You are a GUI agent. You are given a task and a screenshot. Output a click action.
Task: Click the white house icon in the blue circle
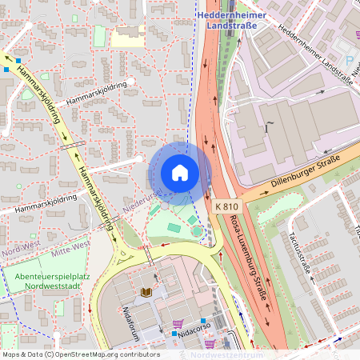[x=180, y=173]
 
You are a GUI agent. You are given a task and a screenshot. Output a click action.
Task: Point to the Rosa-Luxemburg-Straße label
[x=244, y=255]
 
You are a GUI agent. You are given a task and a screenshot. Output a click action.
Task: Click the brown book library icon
[x=146, y=293]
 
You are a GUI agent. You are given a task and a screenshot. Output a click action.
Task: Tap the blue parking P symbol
[x=349, y=61]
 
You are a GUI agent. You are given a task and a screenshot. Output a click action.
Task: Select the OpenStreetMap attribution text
[x=80, y=354]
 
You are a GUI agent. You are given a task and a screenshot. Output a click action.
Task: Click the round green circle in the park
[x=197, y=232]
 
